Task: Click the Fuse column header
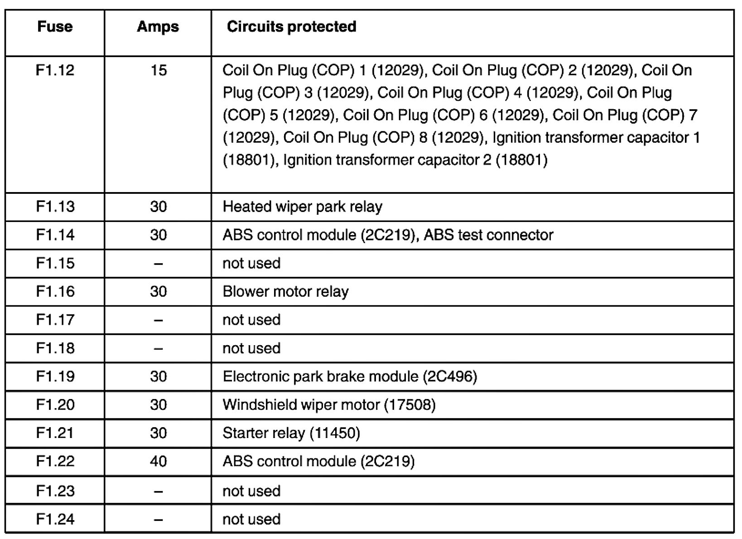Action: (55, 26)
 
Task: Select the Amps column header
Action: (158, 26)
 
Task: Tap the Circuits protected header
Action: (291, 26)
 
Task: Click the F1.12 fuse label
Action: (55, 70)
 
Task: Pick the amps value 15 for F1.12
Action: (158, 70)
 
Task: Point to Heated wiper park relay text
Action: (302, 207)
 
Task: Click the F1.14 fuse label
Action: (55, 235)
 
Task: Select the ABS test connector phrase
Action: (488, 235)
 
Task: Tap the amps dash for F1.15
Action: (158, 264)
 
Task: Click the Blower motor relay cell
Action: (285, 292)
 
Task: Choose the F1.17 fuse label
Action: (55, 320)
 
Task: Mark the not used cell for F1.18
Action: (251, 348)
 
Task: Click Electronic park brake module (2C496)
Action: (350, 376)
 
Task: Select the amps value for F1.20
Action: (158, 405)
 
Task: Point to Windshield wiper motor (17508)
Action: (329, 405)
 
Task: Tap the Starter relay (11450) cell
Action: (291, 433)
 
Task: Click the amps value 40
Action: (158, 462)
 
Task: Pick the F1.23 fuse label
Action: (55, 491)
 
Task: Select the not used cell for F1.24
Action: (251, 519)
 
